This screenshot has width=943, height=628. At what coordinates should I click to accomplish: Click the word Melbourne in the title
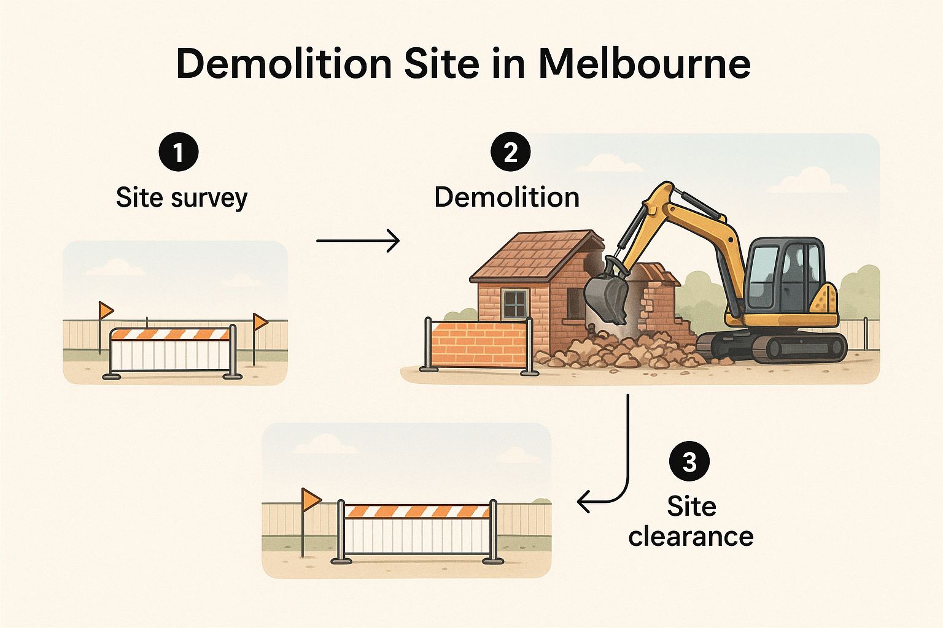645,64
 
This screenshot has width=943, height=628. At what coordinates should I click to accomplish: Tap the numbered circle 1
178,152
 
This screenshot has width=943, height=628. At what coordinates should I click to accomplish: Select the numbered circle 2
511,152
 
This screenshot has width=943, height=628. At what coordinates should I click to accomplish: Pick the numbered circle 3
689,461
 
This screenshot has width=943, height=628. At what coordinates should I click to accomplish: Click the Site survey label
182,197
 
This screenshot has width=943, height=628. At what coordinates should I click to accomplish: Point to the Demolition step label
506,197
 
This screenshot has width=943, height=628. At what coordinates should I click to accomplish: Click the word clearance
691,536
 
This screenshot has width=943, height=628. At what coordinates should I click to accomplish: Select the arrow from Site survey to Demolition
358,240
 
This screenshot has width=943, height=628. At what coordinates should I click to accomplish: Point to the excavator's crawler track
774,347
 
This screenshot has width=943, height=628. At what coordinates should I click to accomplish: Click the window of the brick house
514,304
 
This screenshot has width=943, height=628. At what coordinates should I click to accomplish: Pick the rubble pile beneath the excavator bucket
620,353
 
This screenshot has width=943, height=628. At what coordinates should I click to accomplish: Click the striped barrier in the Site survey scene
172,334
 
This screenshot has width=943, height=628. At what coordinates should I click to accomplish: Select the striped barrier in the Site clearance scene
417,511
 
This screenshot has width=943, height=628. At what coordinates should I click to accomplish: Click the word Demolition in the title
284,64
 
